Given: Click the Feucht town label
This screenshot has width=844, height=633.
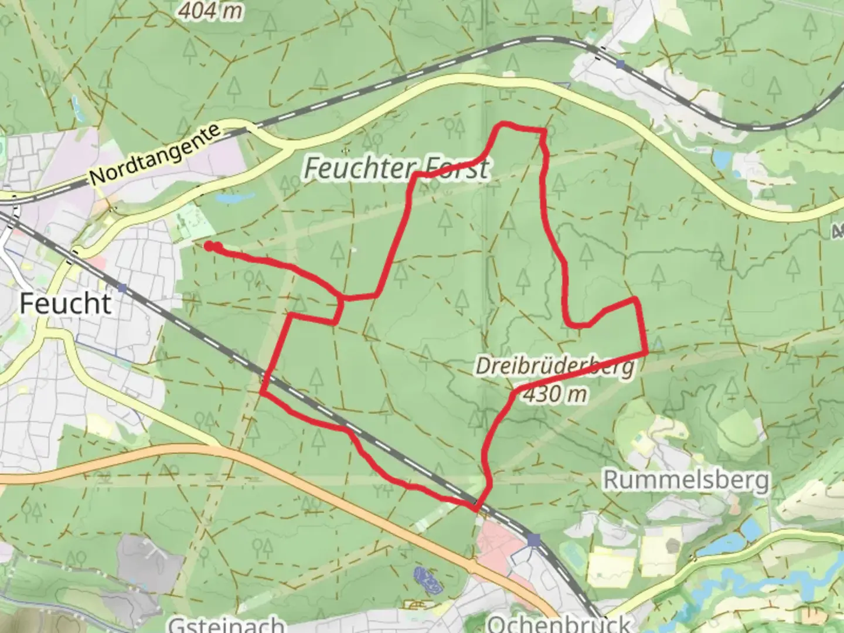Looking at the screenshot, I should coord(65,304).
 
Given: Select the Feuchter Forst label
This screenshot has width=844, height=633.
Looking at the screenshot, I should coord(396,169).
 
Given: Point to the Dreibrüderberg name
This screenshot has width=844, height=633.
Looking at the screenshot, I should coord(554,367).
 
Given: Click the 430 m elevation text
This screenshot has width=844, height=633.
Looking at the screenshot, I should coord(554,394).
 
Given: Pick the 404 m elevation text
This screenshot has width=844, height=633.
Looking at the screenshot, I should coord(210,10).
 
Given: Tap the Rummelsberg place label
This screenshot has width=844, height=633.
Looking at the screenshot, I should coord(686,480).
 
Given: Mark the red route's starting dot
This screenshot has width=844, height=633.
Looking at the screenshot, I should coord(209,246).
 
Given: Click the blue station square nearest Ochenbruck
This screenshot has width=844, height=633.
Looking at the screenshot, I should coord(533,540).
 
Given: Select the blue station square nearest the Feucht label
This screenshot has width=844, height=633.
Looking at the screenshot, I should coord(122,288).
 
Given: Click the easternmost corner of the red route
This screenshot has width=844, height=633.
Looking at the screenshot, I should coord(646,352).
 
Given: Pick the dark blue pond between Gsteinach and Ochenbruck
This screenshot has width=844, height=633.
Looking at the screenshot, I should coord(426,577).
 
